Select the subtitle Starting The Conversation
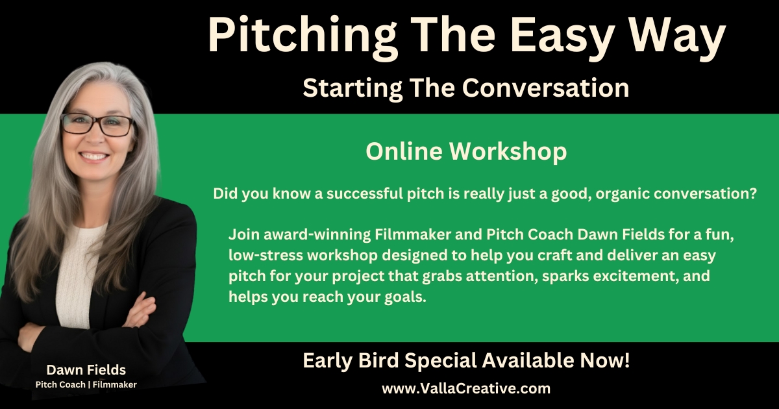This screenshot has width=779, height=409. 465,88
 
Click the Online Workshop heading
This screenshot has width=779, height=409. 465,151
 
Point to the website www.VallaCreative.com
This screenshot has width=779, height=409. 465,389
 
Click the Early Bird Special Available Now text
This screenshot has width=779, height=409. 465,361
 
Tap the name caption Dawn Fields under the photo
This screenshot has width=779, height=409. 86,370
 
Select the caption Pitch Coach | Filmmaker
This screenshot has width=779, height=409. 86,384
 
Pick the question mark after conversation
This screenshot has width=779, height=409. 752,194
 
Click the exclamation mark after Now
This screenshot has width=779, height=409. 626,361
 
